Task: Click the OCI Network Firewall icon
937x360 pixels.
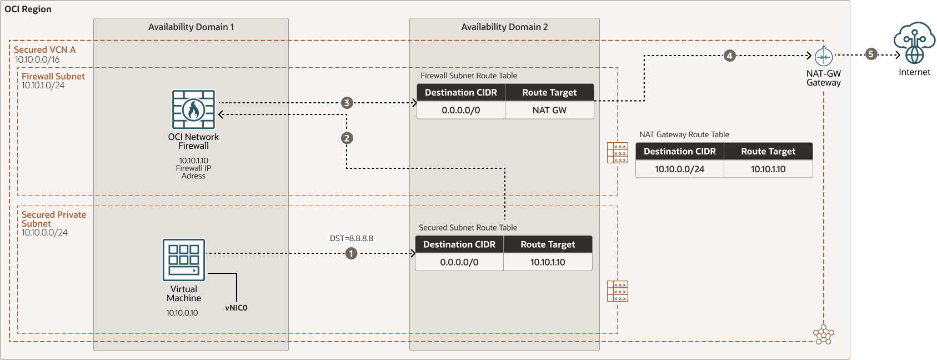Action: coord(193,110)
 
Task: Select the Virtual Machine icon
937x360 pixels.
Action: coord(184,260)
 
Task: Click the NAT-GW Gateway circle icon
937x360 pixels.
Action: coord(823,57)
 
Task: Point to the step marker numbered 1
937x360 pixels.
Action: coord(351,253)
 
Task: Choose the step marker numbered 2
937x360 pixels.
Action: coord(347,138)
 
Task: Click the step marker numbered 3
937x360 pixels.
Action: coord(347,103)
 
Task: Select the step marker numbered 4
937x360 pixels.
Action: coord(729,56)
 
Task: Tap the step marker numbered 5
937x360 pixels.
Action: coord(871,54)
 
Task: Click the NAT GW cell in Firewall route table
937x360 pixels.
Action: coord(549,110)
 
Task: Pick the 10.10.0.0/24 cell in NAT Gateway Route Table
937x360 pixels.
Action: coord(679,169)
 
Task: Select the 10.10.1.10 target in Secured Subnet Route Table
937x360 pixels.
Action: coord(548,262)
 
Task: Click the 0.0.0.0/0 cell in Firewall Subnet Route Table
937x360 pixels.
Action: coord(460,110)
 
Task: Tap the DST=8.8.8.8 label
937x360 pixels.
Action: coord(352,238)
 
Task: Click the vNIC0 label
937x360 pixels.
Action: coord(236,308)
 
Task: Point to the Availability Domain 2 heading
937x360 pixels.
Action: coord(504,27)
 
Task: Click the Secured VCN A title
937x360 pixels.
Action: coord(44,49)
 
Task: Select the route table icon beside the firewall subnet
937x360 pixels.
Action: coord(617,153)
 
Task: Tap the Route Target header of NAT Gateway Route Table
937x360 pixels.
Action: coord(768,151)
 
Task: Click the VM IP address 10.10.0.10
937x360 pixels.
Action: coord(182,313)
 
